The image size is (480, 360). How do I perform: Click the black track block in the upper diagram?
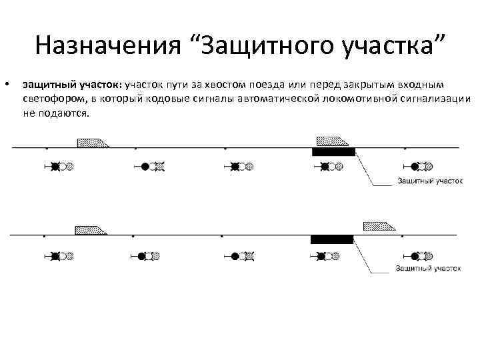(334, 151)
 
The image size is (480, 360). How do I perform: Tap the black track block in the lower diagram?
(332, 239)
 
